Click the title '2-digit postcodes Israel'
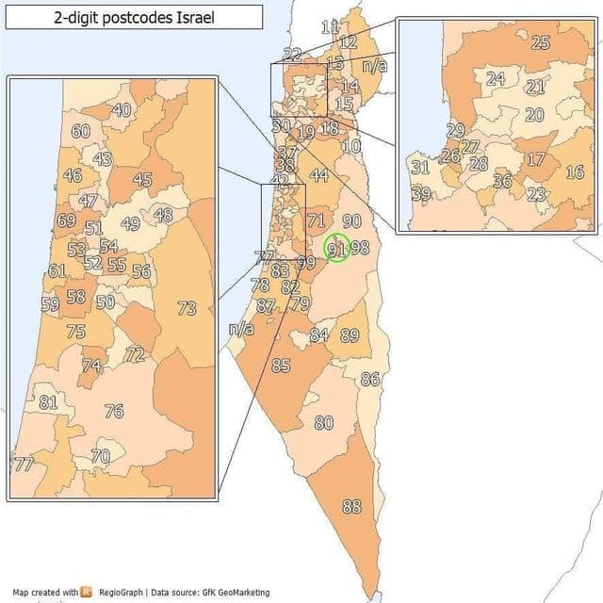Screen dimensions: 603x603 coord(134,18)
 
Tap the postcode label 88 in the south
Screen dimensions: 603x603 coord(351,507)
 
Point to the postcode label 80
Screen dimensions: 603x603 coord(323,423)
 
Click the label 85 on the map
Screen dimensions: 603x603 coord(281,366)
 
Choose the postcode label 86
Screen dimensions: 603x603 coord(370,379)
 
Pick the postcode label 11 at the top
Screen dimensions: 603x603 coord(330,27)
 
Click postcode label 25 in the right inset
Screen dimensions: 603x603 coord(541,42)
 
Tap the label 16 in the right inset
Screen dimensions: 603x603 coord(575,172)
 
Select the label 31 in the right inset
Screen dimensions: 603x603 coord(420,168)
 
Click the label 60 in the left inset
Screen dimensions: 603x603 coord(81,132)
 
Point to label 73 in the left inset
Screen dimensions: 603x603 coord(187,308)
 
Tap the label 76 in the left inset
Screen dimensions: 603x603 coord(114,412)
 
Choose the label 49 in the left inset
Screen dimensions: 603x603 coord(130,223)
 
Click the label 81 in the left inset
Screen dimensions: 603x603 coord(48,402)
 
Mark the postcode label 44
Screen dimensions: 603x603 coord(318,175)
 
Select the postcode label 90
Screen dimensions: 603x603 coord(351,221)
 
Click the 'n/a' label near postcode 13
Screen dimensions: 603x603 coord(375,67)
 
